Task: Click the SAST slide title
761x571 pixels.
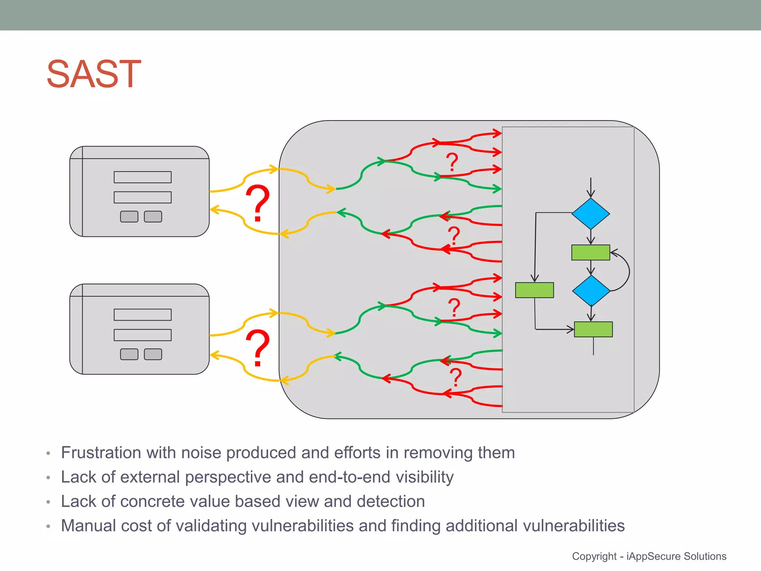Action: (94, 74)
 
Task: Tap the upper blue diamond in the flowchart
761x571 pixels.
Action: (590, 214)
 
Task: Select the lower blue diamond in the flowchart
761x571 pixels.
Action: (591, 290)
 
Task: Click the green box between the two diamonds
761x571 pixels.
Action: (590, 252)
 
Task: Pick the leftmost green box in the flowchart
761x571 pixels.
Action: (534, 290)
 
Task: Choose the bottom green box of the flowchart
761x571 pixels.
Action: (593, 329)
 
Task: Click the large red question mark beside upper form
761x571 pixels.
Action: (258, 203)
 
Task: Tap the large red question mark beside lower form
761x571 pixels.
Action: (258, 348)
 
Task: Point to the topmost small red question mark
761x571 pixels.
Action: (452, 162)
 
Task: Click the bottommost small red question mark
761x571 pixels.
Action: (456, 377)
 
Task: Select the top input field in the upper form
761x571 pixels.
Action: (142, 177)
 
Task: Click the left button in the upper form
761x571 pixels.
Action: (129, 216)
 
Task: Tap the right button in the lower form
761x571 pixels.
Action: (153, 354)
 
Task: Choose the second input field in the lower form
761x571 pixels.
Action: (142, 335)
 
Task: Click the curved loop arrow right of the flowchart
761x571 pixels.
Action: (628, 271)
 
